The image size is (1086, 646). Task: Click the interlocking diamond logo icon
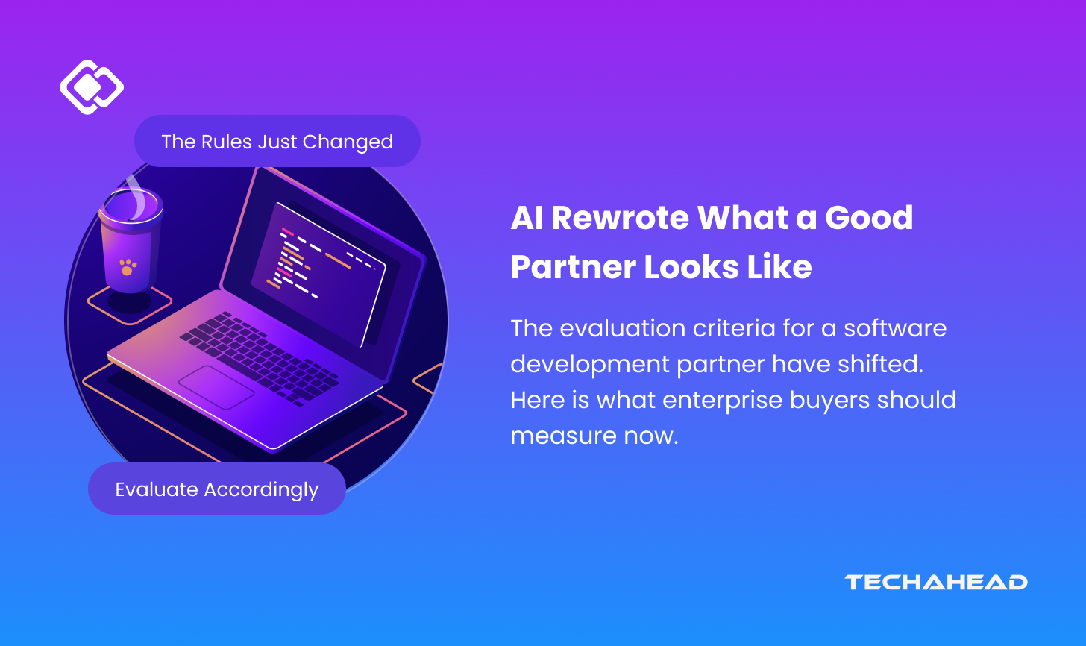pos(92,87)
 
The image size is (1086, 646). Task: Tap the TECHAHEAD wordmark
pos(935,582)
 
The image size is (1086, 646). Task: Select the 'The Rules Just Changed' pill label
pos(277,141)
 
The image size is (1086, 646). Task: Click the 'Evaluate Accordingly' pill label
pos(217,489)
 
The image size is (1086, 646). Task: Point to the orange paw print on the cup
pos(128,267)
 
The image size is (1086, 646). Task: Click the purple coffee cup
pos(131,240)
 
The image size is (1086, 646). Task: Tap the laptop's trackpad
pos(216,387)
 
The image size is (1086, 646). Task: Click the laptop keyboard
pos(260,358)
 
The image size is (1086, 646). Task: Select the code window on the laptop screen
pos(318,274)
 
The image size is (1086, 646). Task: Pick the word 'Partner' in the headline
pos(573,267)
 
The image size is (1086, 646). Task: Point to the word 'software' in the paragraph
pos(896,328)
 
